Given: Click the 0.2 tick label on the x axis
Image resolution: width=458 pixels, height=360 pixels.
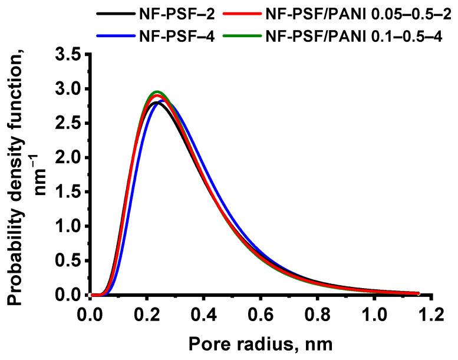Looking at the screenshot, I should coord(146,312).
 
